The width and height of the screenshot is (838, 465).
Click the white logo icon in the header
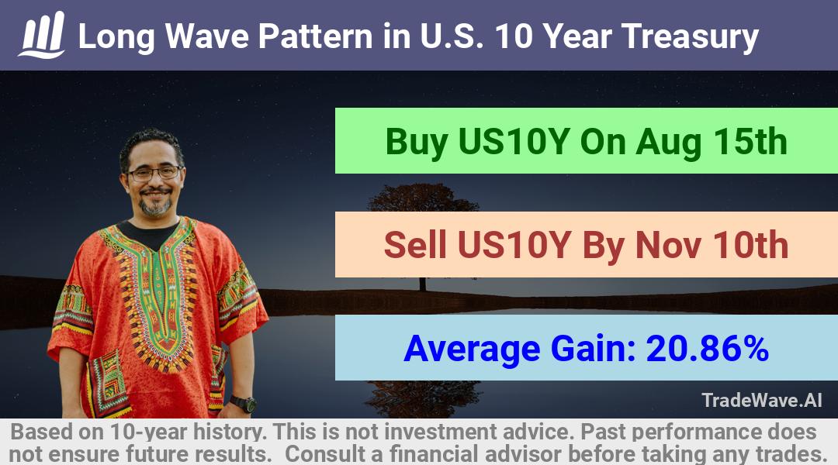42,35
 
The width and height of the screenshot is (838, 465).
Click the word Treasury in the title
690,37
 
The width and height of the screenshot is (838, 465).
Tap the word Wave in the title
207,36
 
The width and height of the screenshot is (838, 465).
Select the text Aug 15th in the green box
712,142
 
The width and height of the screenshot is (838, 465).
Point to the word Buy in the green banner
417,143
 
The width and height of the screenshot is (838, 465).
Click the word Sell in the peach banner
415,245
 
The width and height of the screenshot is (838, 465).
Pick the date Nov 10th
712,245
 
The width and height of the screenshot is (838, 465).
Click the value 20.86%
707,348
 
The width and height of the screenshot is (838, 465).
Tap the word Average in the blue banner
473,350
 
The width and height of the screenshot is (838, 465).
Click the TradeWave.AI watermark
762,400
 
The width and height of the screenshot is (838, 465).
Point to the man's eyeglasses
154,173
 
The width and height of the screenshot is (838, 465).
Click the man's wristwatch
243,404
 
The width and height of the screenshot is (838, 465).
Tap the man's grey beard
155,204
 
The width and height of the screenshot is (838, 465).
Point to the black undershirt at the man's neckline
148,235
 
